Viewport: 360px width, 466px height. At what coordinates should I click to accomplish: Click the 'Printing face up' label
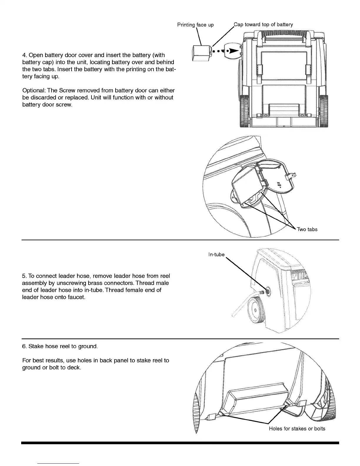[x=195, y=25]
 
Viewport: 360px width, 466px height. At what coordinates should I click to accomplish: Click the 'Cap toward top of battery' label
[x=263, y=24]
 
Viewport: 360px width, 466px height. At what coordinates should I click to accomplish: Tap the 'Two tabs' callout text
[x=307, y=229]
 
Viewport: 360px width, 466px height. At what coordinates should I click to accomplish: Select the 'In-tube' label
[x=216, y=254]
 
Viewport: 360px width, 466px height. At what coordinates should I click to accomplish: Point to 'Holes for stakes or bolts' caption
[x=297, y=429]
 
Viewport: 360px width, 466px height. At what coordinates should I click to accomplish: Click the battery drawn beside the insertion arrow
[x=201, y=53]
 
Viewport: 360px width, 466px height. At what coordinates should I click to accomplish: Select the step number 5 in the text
[x=24, y=276]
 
